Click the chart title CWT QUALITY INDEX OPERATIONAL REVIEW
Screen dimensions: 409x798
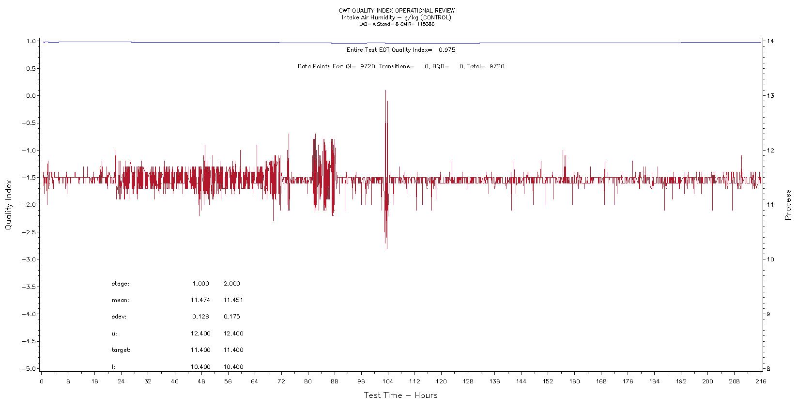pos(397,11)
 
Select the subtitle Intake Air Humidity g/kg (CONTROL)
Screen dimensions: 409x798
pos(397,17)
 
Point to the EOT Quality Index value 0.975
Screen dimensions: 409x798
pos(446,50)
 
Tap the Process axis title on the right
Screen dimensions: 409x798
pos(788,205)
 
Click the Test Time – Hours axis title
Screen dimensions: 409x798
pos(400,395)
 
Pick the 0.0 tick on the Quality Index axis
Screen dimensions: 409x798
pos(31,96)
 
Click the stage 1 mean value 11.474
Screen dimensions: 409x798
pos(200,300)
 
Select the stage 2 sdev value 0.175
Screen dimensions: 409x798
pos(231,317)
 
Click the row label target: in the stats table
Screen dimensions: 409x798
pos(121,350)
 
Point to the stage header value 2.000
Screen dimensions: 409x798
pos(231,284)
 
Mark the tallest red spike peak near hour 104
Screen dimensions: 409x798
pos(385,91)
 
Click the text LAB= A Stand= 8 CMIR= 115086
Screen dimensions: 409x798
pos(397,24)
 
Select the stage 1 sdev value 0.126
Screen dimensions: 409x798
pos(200,317)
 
